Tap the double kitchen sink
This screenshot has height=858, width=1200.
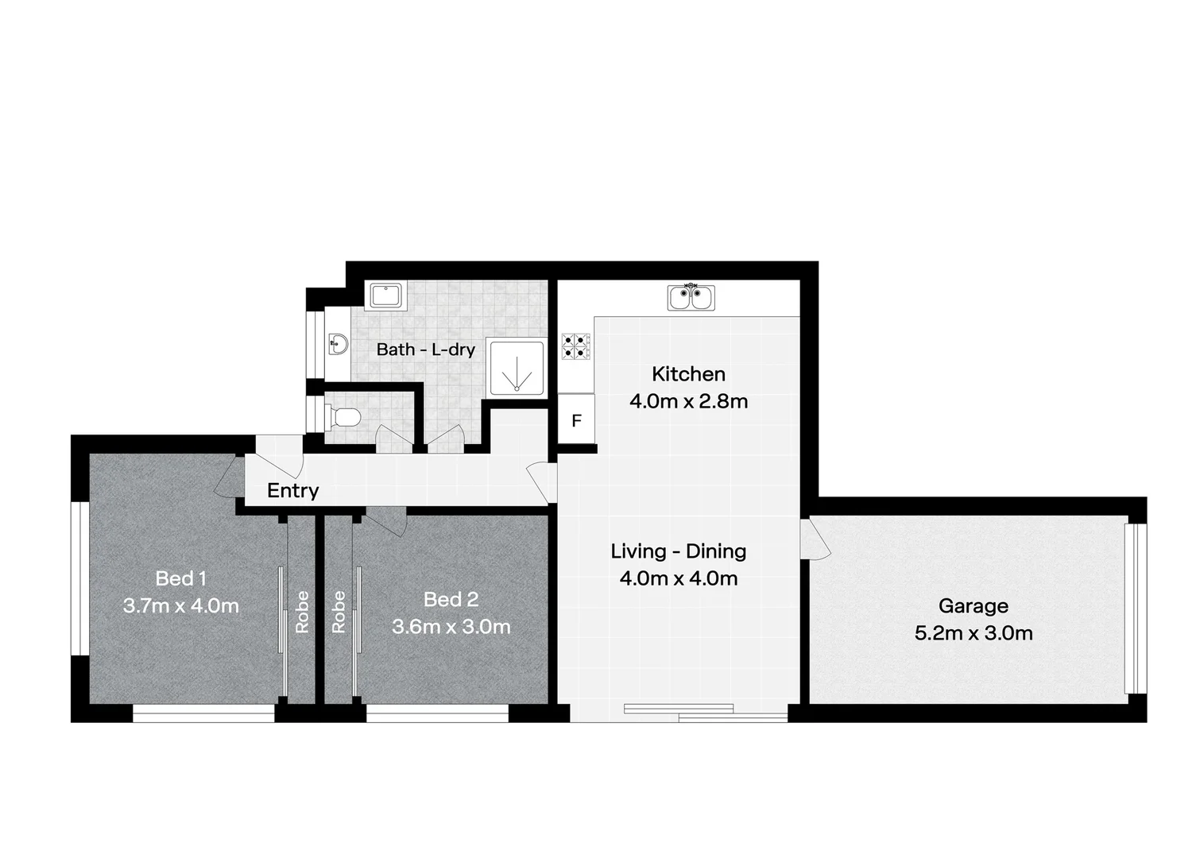tap(691, 298)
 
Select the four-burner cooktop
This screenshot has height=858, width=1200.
tap(576, 347)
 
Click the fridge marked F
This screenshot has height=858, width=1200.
tap(576, 421)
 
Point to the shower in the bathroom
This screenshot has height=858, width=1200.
tap(517, 367)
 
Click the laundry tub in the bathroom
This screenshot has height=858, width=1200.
tap(387, 296)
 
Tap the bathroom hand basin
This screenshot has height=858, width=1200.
tap(338, 345)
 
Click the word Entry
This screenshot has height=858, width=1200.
tap(292, 491)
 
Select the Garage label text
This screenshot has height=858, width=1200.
tap(973, 606)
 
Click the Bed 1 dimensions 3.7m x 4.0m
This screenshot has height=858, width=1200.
tap(180, 606)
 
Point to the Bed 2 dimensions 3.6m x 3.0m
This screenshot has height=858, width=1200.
tap(451, 627)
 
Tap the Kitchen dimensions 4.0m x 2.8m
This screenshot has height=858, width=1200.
tap(688, 401)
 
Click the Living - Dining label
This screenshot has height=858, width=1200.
tap(678, 551)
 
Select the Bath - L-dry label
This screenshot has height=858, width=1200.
tap(425, 350)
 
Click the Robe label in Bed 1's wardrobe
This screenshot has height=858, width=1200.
tap(302, 612)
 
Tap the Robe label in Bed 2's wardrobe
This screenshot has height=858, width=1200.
tap(339, 612)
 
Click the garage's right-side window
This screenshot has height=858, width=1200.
tap(1137, 609)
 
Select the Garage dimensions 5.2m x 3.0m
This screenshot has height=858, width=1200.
tap(973, 633)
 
